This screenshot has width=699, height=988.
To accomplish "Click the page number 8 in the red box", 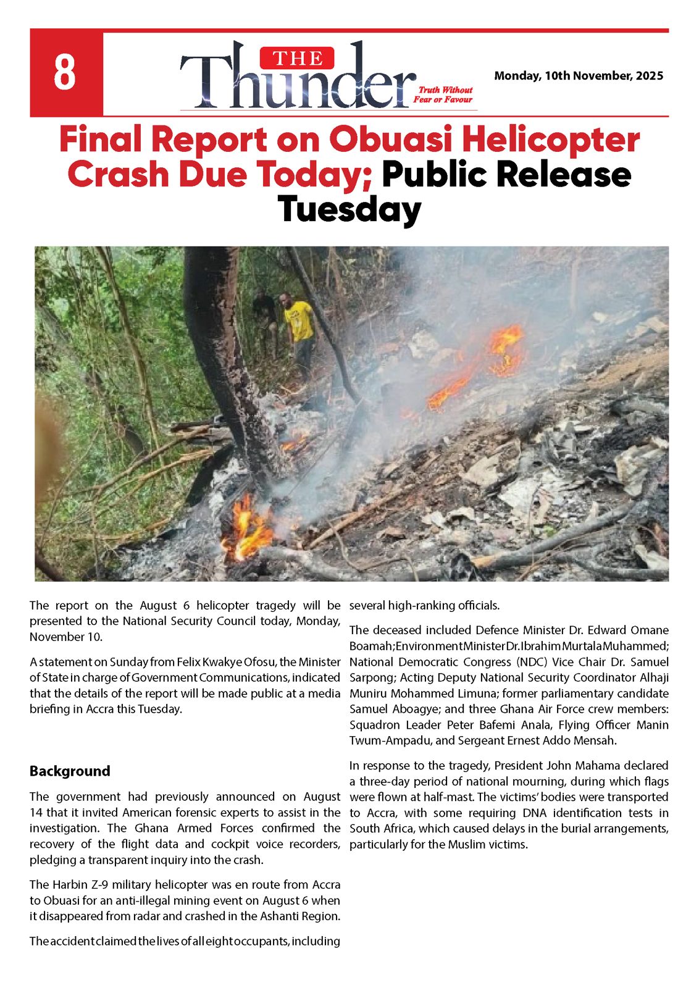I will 65,73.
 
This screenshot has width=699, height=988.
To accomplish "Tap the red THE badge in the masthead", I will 298,59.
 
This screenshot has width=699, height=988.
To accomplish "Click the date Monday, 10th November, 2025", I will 579,76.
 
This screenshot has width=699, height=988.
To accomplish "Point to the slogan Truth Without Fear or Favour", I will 443,94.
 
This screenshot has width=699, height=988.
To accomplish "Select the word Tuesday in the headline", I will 349,210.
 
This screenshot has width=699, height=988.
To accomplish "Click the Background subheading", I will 70,771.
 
